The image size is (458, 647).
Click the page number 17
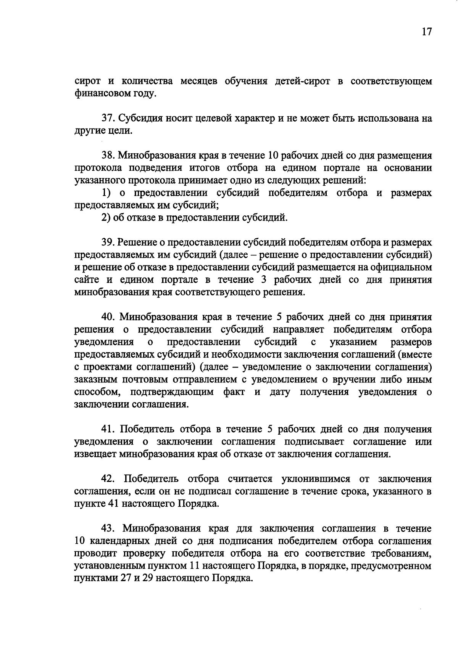click(x=426, y=32)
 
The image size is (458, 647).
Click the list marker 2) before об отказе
click(x=105, y=218)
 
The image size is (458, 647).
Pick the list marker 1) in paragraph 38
click(x=105, y=193)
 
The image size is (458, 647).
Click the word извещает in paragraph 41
click(x=95, y=454)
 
